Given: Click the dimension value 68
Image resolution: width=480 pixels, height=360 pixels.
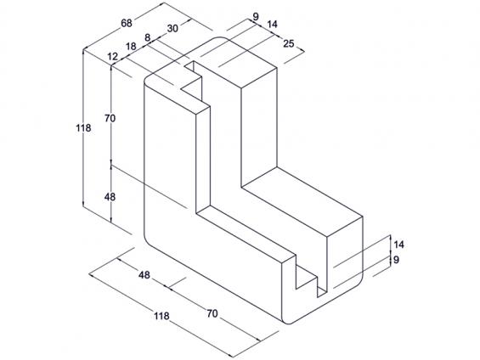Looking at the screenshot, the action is (x=127, y=23).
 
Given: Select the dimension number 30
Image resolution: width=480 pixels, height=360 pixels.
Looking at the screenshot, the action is (x=172, y=29).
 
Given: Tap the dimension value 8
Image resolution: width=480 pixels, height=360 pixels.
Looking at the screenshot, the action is (x=148, y=38).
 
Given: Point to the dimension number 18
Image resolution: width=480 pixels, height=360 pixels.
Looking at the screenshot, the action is (x=131, y=47).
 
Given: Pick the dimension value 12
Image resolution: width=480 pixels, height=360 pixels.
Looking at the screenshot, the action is (x=113, y=57).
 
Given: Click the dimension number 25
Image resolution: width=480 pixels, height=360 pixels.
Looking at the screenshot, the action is (x=288, y=44).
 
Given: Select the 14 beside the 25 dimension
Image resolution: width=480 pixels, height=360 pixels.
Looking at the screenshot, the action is (x=272, y=24).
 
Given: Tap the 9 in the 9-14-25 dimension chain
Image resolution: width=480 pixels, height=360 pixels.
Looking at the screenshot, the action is (x=256, y=16).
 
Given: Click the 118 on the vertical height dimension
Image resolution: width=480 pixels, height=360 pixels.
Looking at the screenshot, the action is (x=83, y=128).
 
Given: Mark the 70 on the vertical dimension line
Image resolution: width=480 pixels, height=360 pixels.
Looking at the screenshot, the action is (x=110, y=118).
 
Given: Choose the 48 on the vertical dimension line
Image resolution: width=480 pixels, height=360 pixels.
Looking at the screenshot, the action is (x=110, y=197).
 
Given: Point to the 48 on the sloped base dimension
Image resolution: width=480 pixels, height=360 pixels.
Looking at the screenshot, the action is (x=144, y=275).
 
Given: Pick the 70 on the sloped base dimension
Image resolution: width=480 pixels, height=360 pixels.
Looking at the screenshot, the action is (x=212, y=313).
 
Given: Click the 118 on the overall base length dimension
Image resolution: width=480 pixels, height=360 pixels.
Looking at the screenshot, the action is (x=161, y=316).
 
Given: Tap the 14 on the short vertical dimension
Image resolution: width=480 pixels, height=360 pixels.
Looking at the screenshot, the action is (x=398, y=245).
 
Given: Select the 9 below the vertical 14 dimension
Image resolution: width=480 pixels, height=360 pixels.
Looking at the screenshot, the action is (x=396, y=260).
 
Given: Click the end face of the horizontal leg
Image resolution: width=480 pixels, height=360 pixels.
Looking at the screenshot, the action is (x=345, y=254).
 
